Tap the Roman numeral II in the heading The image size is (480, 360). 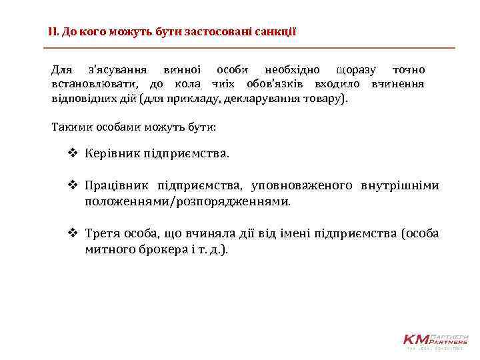coord(53,31)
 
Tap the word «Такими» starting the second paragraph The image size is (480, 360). coord(69,127)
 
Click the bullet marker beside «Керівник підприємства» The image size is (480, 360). coord(73,154)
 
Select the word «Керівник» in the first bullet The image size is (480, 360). coord(109,154)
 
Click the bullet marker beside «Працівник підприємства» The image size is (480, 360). coord(73,185)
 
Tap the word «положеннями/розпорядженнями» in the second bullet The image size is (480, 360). coord(187,201)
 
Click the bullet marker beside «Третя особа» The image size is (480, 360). coord(73,233)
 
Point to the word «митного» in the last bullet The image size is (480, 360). coord(109,249)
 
